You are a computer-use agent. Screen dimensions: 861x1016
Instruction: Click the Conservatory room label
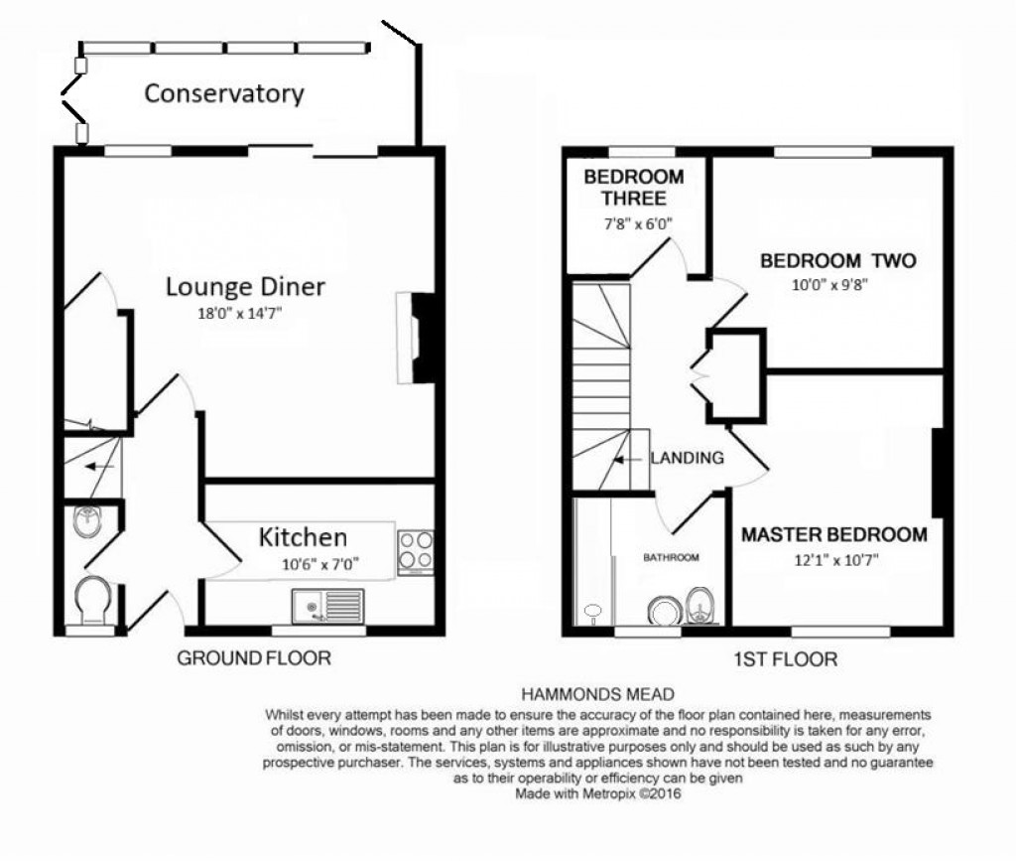click(223, 94)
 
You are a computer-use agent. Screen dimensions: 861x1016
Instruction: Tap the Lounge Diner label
click(245, 287)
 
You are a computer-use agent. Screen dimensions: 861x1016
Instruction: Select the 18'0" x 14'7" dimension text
click(245, 313)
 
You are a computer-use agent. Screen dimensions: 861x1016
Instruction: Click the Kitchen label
click(303, 538)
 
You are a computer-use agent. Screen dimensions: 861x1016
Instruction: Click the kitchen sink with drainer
click(328, 605)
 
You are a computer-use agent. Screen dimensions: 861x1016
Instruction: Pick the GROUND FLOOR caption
click(253, 658)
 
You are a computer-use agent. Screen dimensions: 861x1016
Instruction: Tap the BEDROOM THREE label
click(633, 188)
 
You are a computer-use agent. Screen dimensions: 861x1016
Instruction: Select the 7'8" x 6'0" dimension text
click(634, 223)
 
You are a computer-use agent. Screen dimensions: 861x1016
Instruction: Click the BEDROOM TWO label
click(837, 261)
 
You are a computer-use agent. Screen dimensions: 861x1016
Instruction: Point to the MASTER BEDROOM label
click(834, 534)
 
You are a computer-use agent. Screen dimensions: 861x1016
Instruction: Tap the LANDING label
click(687, 458)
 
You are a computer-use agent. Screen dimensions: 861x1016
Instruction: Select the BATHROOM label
click(671, 558)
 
